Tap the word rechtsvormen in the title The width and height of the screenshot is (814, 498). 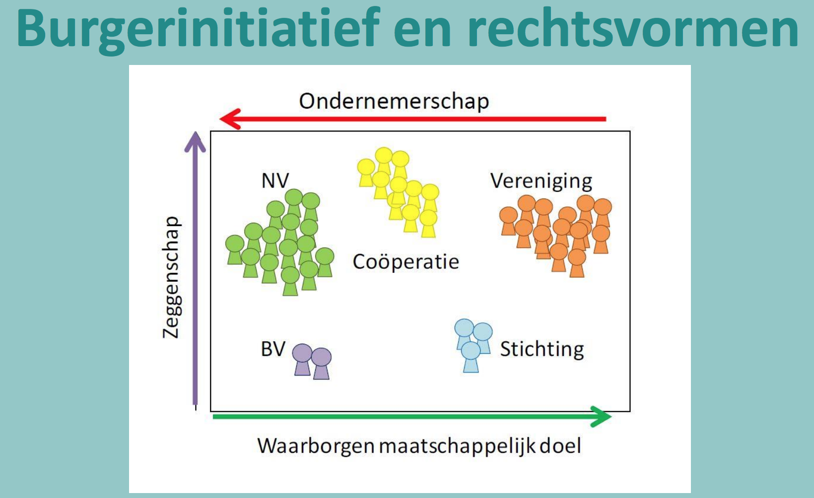(x=633, y=29)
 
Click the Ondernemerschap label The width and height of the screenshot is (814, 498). (x=394, y=101)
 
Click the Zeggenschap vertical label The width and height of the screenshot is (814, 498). (x=171, y=277)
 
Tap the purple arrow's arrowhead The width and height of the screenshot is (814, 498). (x=195, y=142)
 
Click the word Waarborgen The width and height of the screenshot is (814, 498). (x=316, y=446)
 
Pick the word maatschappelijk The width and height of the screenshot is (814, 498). (x=458, y=446)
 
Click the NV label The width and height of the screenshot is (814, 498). (x=275, y=181)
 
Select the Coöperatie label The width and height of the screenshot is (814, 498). (x=406, y=262)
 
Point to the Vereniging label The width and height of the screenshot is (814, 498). (x=541, y=181)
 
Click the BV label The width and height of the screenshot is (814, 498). (x=273, y=349)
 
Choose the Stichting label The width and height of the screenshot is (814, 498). (x=542, y=349)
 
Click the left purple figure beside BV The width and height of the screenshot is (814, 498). (x=302, y=359)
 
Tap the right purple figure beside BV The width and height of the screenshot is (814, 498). (x=321, y=364)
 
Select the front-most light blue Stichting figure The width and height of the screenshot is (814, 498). (x=471, y=357)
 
